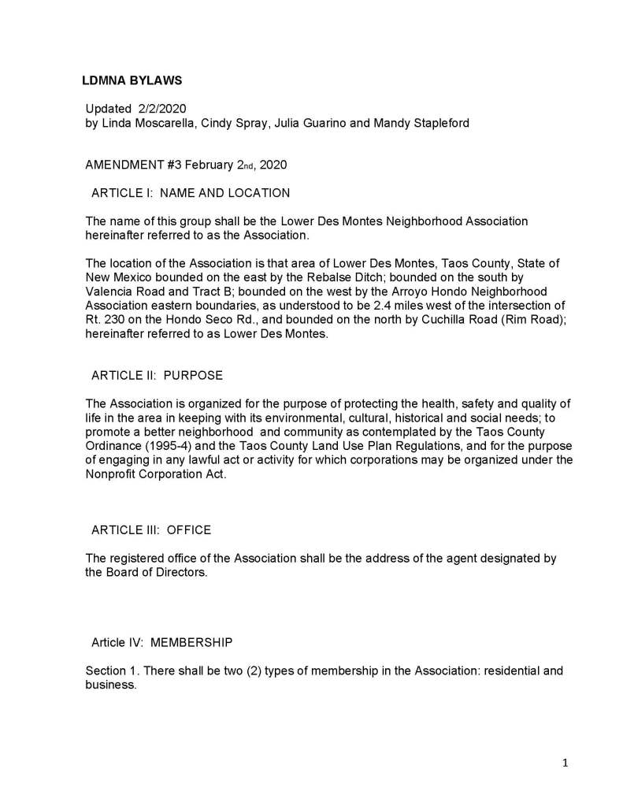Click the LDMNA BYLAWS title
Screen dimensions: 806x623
tap(132, 80)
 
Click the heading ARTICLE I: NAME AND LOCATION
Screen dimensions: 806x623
tap(191, 193)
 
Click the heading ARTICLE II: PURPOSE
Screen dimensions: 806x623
tap(158, 375)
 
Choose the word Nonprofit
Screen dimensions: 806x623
tap(113, 475)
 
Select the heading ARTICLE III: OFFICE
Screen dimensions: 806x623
tap(151, 530)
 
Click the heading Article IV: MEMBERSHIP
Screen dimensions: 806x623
tap(161, 642)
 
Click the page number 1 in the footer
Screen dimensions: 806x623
tap(566, 763)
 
